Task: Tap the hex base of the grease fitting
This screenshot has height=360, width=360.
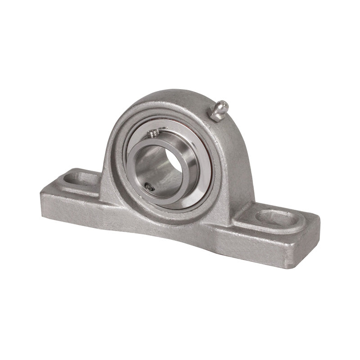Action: coord(216,114)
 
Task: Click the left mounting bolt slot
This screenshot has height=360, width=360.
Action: coord(76,179)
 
